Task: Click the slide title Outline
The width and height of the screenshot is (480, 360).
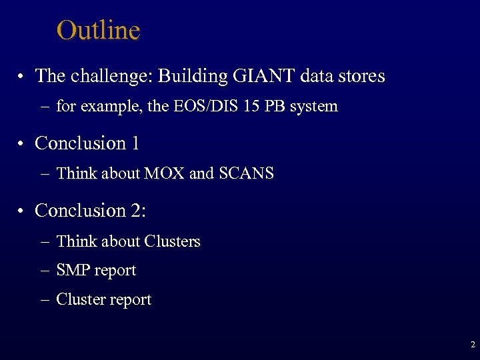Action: point(99,31)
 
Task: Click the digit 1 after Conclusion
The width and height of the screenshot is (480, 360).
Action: point(135,143)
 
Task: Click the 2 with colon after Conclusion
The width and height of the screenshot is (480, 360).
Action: point(140,211)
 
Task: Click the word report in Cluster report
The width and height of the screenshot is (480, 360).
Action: point(131,300)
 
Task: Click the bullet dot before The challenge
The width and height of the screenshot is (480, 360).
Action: point(23,77)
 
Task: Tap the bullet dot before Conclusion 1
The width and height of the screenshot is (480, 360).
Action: point(23,145)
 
